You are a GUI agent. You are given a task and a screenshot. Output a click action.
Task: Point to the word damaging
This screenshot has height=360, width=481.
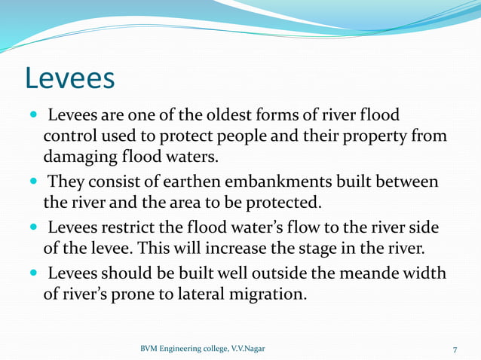pos(81,159)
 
